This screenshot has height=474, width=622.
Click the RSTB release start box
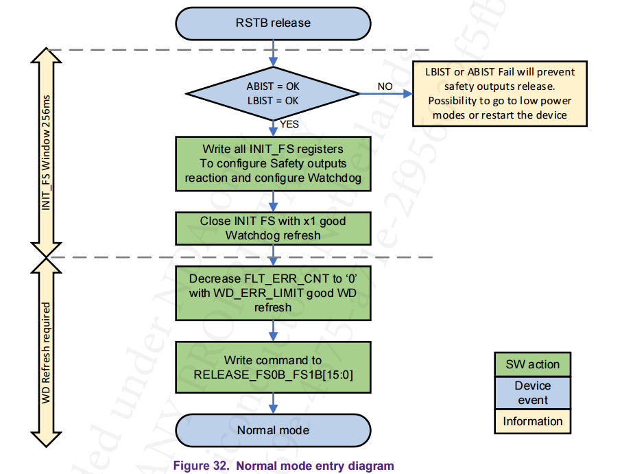click(x=273, y=23)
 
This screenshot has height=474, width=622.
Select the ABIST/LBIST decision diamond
click(x=273, y=94)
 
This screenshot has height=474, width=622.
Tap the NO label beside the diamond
click(x=385, y=86)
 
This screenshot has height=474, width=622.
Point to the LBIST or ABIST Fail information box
click(x=499, y=93)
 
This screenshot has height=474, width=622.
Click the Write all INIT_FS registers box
click(x=273, y=163)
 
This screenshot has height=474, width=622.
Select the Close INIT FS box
click(x=273, y=228)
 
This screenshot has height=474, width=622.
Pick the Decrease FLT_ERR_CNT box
click(x=273, y=293)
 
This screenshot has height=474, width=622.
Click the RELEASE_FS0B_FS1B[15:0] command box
click(x=273, y=368)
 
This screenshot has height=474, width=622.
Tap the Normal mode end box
click(x=273, y=431)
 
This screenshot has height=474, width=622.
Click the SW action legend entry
click(x=532, y=364)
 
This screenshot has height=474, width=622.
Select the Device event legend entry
click(x=532, y=393)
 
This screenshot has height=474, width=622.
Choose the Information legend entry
click(x=532, y=422)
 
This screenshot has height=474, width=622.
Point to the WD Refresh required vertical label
click(x=47, y=351)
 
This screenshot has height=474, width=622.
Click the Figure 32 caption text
click(x=283, y=466)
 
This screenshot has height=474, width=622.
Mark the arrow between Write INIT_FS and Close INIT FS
click(x=274, y=201)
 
